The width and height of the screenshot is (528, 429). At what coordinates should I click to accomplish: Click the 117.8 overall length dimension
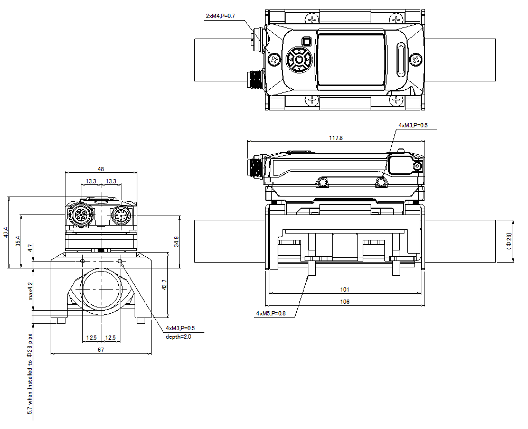pos(336,138)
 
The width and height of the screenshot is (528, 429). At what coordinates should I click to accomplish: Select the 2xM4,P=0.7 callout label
pos(220,16)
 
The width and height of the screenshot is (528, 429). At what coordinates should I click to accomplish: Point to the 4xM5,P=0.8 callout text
pos(270,313)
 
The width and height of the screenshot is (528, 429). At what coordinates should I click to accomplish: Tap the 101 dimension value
pos(344,290)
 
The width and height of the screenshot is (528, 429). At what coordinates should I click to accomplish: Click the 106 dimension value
pos(344,302)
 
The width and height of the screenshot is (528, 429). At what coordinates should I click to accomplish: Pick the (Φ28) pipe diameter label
pos(509,241)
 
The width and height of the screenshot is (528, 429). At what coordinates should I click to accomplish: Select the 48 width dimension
pos(101,169)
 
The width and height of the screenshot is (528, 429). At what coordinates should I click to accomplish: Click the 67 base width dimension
pos(101,350)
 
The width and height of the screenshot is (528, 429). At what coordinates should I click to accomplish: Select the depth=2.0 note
pos(178,337)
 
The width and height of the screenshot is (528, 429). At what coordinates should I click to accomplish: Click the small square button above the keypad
pos(306,41)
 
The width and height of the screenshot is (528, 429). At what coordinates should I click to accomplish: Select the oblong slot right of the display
pos(401,60)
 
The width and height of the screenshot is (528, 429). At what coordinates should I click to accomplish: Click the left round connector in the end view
pos(80,216)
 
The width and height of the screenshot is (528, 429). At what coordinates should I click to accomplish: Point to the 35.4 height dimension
pos(18,241)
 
